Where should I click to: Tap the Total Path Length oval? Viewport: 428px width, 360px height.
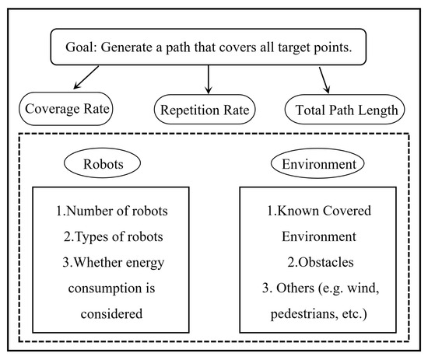tap(347, 110)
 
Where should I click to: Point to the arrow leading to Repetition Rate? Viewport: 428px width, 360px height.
tap(208, 80)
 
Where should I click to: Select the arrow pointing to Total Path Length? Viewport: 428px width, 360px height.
tap(325, 80)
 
